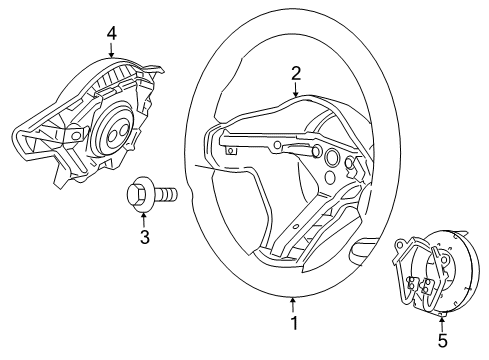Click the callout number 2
point(297,72)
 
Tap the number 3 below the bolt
point(144,237)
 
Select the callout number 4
point(111,33)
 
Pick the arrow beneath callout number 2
point(297,88)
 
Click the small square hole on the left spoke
point(232,151)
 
